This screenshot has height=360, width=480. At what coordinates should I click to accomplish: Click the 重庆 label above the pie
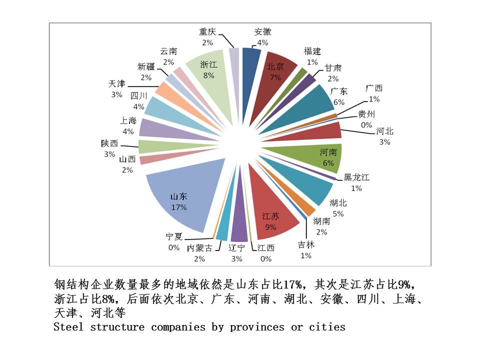207,32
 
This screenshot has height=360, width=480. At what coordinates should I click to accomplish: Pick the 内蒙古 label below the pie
199,248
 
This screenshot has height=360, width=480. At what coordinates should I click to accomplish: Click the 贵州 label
366,114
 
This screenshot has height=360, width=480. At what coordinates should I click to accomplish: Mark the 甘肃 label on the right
333,68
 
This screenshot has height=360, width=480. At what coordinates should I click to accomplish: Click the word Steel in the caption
69,327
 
